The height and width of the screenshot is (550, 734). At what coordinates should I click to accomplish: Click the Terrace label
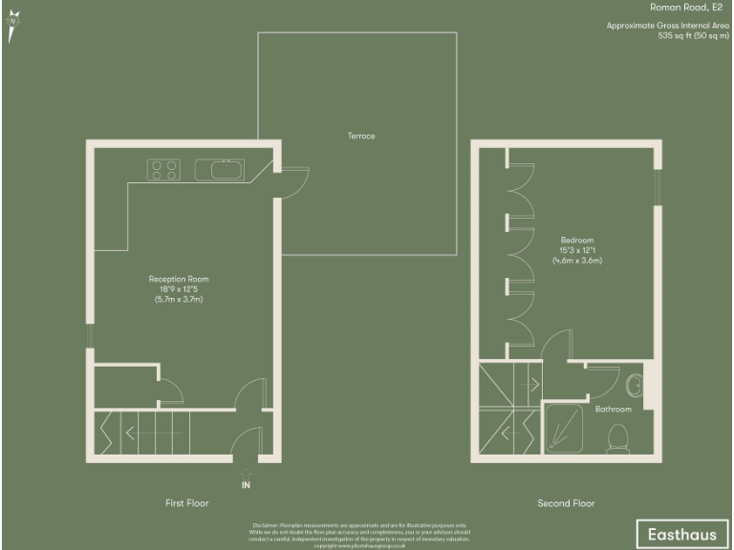tap(361, 137)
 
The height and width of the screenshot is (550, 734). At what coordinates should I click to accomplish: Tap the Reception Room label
tap(179, 279)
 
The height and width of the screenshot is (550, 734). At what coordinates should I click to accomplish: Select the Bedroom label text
tap(578, 240)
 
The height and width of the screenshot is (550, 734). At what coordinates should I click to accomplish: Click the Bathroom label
tap(613, 410)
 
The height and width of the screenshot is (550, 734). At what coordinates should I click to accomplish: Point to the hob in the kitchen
tap(164, 170)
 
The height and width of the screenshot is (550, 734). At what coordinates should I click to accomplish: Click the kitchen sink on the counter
tap(221, 170)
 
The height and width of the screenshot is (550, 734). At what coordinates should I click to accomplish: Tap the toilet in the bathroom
tap(616, 439)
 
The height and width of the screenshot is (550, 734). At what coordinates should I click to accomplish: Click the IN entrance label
tap(246, 484)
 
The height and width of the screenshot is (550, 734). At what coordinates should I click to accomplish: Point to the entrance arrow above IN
tap(246, 472)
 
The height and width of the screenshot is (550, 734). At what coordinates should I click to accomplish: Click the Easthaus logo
tap(679, 531)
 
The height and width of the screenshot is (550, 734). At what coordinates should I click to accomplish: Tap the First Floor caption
tap(186, 503)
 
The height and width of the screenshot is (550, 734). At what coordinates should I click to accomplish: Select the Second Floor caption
tap(566, 503)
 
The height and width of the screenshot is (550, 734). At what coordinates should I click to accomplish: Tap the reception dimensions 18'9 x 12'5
tap(179, 289)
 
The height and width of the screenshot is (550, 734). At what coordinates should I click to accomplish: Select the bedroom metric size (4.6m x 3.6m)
tap(578, 261)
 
